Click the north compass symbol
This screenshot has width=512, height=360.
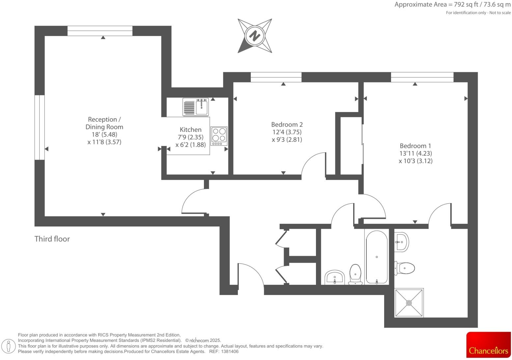click(255, 36)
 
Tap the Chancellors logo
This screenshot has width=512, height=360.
click(488, 345)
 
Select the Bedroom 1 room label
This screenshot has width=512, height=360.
click(415, 146)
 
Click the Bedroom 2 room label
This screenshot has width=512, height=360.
click(287, 125)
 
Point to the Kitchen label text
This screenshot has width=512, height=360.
click(190, 130)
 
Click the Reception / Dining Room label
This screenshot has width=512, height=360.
click(104, 123)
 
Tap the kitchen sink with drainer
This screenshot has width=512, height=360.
click(196, 107)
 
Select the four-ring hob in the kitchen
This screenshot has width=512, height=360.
click(219, 136)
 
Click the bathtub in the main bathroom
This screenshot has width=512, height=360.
click(377, 257)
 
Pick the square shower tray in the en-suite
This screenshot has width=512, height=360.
click(409, 303)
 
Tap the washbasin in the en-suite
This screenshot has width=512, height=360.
click(402, 242)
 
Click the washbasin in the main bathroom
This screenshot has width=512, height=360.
click(335, 277)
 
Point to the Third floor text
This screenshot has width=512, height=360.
click(52, 239)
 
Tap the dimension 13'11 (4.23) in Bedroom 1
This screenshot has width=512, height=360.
click(415, 153)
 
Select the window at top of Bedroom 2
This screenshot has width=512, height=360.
click(276, 77)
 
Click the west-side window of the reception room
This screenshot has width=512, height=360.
click(40, 127)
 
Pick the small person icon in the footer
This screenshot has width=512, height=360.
click(9, 346)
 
